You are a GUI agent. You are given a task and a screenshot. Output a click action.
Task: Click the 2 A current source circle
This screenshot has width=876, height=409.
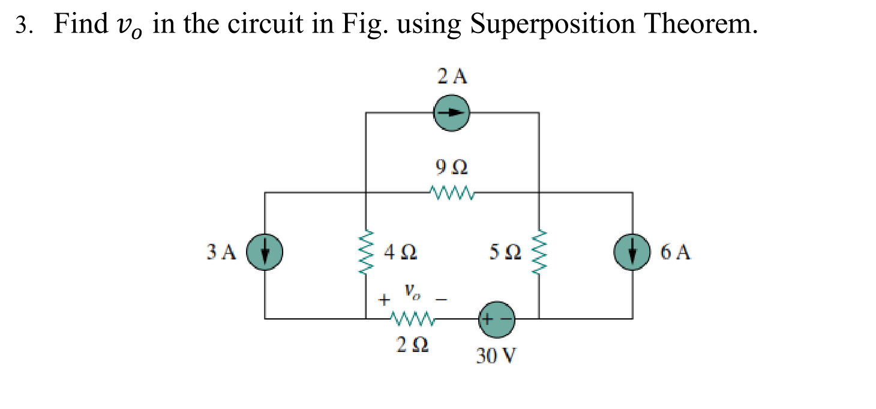coord(452,112)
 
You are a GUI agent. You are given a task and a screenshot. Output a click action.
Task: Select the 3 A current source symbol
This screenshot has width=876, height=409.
coord(265,251)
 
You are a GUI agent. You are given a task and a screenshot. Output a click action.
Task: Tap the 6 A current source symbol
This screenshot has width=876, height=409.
coord(632,251)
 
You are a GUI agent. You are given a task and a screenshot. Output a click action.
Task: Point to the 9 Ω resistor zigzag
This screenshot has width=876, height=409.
coord(452,193)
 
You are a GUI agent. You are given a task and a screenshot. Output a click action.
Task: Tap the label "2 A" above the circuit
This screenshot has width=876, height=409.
coord(452,76)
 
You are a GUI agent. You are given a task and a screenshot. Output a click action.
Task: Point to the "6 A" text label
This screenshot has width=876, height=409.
coord(676,252)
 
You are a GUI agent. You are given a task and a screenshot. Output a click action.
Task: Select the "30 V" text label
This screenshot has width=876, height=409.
coord(496,357)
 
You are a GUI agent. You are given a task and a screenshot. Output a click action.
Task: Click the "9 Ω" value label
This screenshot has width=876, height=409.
coord(452,166)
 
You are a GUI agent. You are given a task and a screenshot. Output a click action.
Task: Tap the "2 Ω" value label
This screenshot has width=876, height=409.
coord(412,346)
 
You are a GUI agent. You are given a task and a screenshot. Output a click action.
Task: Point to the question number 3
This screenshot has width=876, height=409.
coord(22,26)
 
